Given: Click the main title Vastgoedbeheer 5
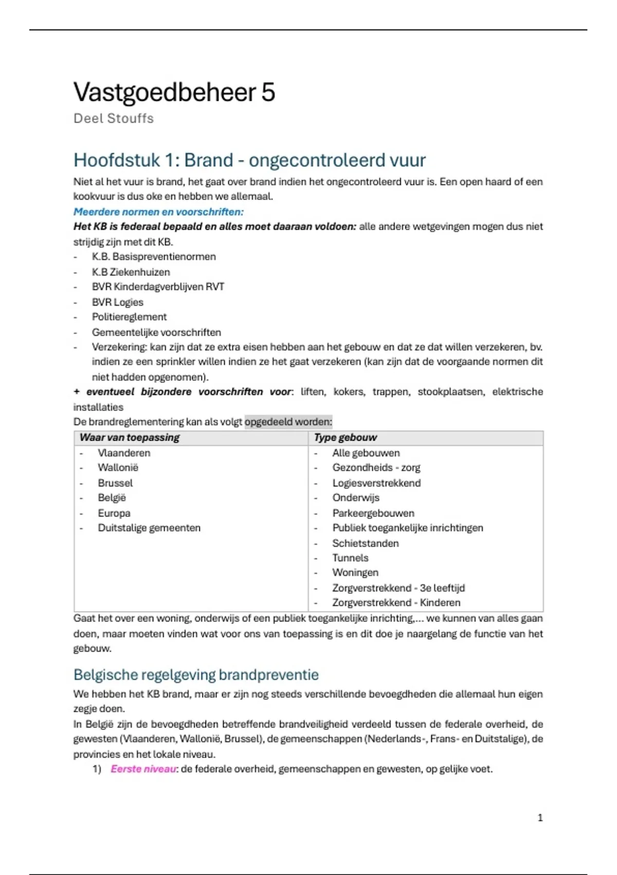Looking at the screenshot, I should [174, 93].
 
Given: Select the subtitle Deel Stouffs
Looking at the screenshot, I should [113, 118].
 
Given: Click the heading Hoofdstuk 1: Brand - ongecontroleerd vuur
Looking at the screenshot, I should [249, 160].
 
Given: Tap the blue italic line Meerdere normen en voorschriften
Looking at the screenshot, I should [158, 212].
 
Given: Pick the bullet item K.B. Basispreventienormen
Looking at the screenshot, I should [154, 256].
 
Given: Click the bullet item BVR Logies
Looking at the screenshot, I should [117, 302].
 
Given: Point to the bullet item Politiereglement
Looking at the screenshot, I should [129, 317].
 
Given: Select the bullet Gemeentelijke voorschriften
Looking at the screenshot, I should [156, 332].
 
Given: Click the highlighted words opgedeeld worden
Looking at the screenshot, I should [288, 422].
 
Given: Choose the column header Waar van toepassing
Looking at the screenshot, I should [130, 437].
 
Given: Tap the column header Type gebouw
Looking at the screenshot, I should [346, 437].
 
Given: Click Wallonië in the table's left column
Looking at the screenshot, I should [118, 468].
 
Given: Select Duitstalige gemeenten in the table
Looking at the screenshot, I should [149, 528].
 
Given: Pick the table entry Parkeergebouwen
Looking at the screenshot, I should [373, 513].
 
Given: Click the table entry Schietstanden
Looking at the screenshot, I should [365, 544].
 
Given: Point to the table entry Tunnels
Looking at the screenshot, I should [350, 558].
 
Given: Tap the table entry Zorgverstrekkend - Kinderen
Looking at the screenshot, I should [396, 603].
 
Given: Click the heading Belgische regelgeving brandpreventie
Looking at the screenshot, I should [196, 675].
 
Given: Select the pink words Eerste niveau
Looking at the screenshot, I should [143, 769].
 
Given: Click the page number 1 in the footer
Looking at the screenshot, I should [540, 818].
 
